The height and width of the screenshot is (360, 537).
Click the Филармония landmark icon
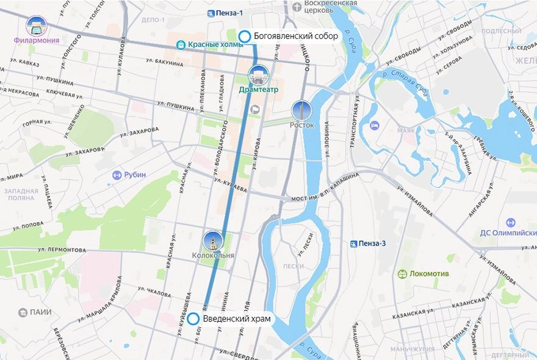(x=37, y=26)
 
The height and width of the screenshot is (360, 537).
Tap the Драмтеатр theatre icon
(x=258, y=76)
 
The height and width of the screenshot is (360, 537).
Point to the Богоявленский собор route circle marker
(x=245, y=37)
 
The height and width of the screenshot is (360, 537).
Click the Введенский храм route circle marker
(x=193, y=319)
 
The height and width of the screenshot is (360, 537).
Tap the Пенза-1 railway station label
(x=229, y=13)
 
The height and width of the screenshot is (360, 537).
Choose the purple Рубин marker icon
(x=118, y=175)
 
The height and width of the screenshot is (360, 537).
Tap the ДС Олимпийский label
(x=510, y=232)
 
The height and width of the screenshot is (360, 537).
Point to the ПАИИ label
(x=35, y=312)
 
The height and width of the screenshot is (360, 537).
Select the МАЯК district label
(x=406, y=131)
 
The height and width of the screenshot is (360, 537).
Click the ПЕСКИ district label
(x=294, y=266)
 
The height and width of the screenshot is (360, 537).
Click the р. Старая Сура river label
(x=405, y=77)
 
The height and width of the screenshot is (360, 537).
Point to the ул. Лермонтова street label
(x=62, y=250)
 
